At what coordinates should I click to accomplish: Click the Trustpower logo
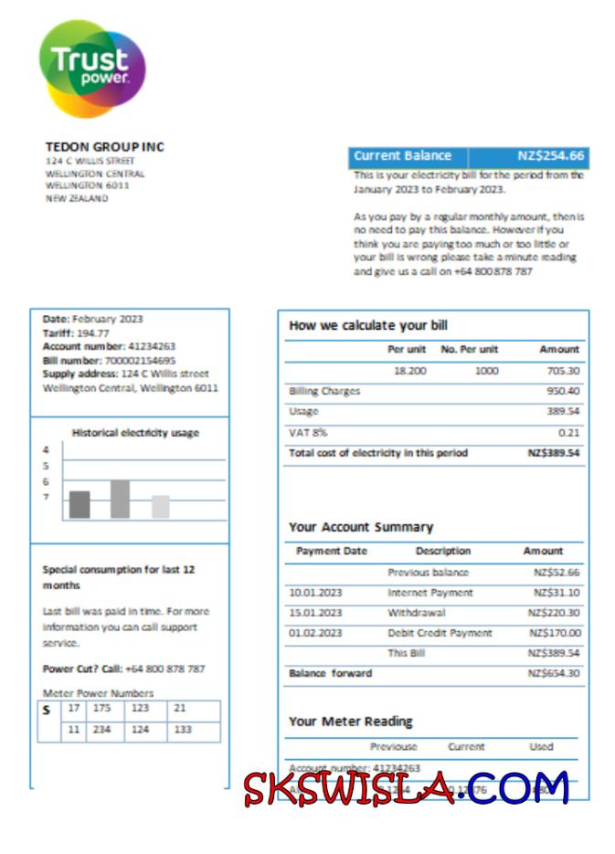click(x=91, y=69)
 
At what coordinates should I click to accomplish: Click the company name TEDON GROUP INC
click(x=104, y=147)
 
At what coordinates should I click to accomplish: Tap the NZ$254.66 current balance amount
click(x=550, y=156)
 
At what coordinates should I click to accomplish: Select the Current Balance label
click(x=402, y=156)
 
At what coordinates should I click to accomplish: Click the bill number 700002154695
click(x=138, y=360)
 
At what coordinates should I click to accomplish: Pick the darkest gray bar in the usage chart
click(x=80, y=504)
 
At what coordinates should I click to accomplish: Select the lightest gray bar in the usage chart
click(x=160, y=506)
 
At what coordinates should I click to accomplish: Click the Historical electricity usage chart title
click(x=135, y=433)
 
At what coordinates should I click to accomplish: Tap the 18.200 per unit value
click(x=408, y=371)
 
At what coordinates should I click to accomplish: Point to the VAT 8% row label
click(x=308, y=432)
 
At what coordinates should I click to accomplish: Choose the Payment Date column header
click(x=332, y=552)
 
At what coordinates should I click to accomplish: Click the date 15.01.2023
click(x=315, y=613)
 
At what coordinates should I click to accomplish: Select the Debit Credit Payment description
click(x=440, y=633)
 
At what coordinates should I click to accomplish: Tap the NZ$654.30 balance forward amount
click(x=553, y=673)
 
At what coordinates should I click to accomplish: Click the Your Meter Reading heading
click(x=350, y=721)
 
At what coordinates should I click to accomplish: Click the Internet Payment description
click(x=430, y=593)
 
